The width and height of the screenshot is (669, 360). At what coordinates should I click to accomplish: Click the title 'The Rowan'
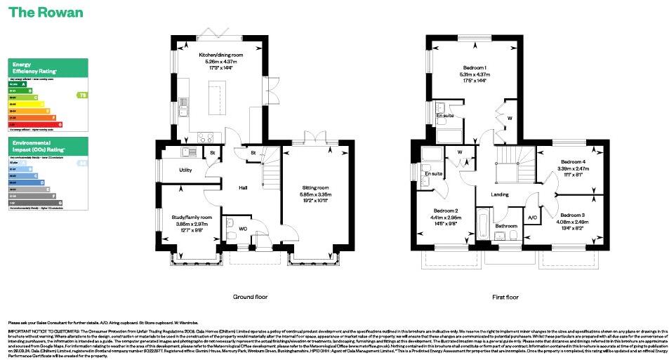pyautogui.click(x=46, y=13)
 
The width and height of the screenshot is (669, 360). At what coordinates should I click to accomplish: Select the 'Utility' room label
pyautogui.click(x=185, y=170)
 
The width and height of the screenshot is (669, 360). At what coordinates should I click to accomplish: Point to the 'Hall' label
pyautogui.click(x=243, y=187)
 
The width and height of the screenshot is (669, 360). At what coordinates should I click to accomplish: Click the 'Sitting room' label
pyautogui.click(x=316, y=188)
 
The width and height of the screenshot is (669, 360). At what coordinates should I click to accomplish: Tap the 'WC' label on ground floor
pyautogui.click(x=242, y=229)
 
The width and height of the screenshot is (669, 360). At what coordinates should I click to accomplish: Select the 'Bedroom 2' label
pyautogui.click(x=446, y=211)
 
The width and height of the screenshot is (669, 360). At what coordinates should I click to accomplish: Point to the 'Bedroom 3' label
pyautogui.click(x=572, y=215)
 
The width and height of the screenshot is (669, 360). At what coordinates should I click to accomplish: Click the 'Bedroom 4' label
pyautogui.click(x=573, y=162)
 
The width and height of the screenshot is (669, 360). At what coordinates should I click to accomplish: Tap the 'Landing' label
pyautogui.click(x=499, y=194)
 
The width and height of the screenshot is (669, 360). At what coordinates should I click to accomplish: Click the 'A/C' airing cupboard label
pyautogui.click(x=532, y=218)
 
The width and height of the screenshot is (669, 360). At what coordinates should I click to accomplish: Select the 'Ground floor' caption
pyautogui.click(x=251, y=297)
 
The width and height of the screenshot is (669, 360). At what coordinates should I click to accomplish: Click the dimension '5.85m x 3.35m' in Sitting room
pyautogui.click(x=316, y=194)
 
